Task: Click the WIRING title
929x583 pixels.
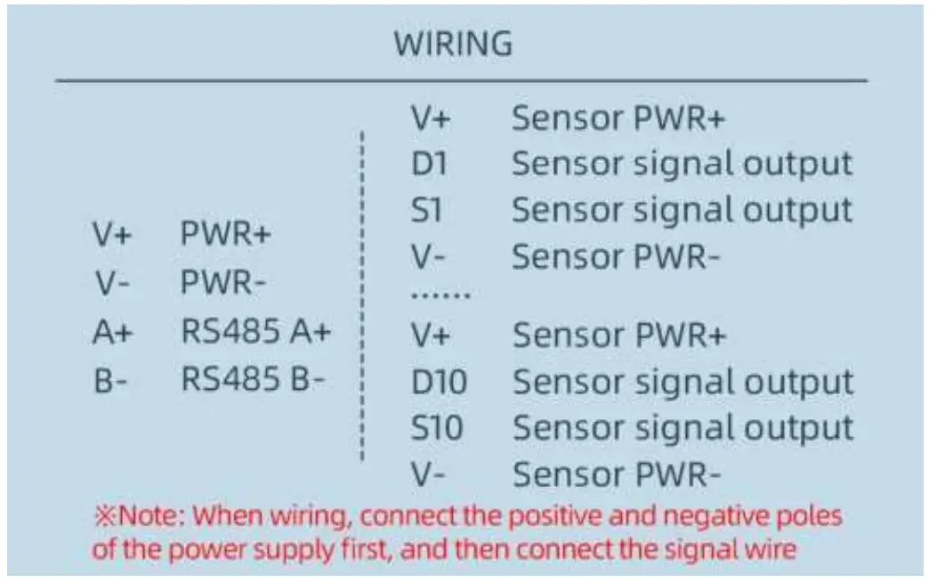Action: click(x=453, y=44)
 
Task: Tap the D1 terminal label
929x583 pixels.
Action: click(x=426, y=163)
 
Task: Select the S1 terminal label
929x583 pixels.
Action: click(x=425, y=210)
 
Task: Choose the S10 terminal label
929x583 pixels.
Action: click(x=437, y=428)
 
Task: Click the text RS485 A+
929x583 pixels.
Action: click(x=256, y=331)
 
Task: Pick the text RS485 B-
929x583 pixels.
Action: click(x=254, y=379)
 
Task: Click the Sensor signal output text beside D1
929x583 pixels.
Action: click(x=682, y=163)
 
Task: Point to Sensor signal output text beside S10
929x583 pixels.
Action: click(x=683, y=428)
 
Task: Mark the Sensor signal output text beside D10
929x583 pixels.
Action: click(x=683, y=382)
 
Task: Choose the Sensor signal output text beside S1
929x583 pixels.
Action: click(x=682, y=210)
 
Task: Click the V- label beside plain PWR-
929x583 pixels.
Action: click(x=112, y=285)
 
